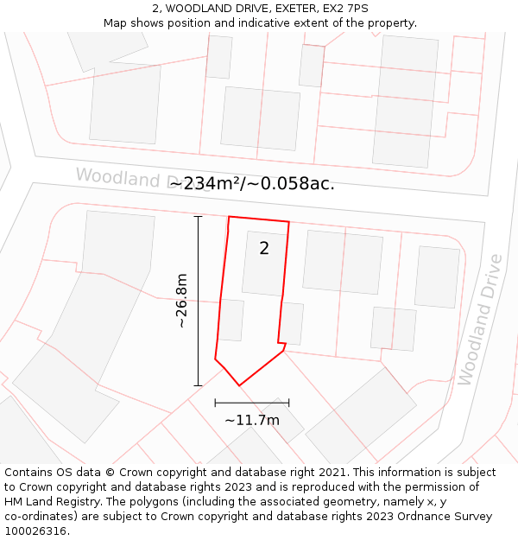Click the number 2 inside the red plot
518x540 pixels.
pos(264,249)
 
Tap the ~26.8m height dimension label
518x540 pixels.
pos(181,301)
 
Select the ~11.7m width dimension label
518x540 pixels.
pos(252,420)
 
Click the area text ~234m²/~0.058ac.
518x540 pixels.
pos(252,183)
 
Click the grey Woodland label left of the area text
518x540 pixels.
pos(117,177)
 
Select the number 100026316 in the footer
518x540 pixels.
pos(35,530)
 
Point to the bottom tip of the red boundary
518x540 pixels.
pos(239,385)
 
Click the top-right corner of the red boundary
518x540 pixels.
pos(288,222)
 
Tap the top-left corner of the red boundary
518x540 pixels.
pos(229,217)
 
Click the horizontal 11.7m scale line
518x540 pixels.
pos(252,402)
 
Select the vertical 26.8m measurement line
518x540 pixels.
pos(199,301)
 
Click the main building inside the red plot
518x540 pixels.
pos(264,264)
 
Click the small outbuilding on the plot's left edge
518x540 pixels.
pos(231,320)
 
